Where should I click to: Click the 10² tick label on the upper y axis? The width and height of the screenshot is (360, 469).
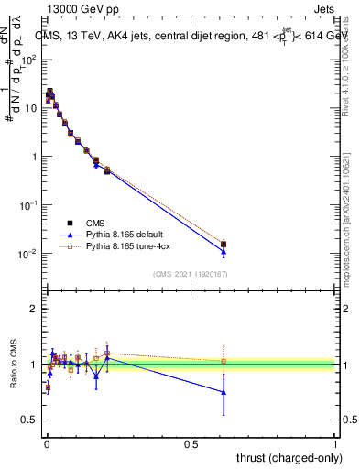[x=29, y=59]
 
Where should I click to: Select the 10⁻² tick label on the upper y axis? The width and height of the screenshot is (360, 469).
[x=29, y=254]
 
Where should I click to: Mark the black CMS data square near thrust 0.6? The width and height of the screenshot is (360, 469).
[x=224, y=245]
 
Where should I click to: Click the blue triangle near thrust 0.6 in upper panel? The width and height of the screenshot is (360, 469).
[x=224, y=251]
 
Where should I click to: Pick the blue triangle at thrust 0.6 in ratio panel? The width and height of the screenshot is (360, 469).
[x=224, y=392]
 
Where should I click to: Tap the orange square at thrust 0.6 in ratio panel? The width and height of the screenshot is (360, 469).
[x=224, y=361]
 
